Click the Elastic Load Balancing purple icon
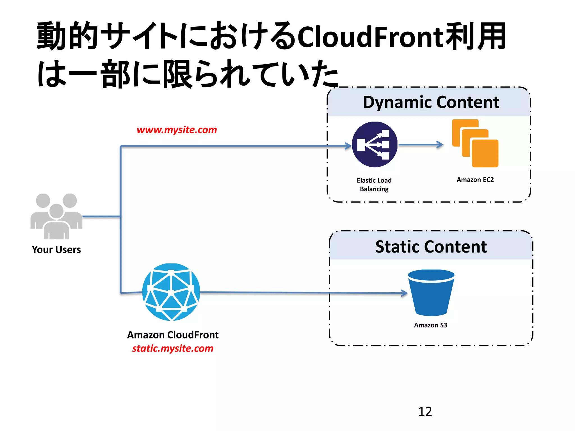[x=374, y=144]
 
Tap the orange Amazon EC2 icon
[x=475, y=143]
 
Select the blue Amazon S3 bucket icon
[x=431, y=293]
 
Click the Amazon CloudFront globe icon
[x=171, y=292]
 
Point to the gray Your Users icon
[x=56, y=216]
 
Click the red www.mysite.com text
[x=177, y=130]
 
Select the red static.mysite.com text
[x=173, y=348]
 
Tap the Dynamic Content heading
[x=431, y=102]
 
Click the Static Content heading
[x=431, y=247]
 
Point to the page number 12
[x=425, y=411]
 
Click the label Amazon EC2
[x=475, y=180]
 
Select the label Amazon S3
[x=430, y=325]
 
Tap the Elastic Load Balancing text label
[x=374, y=185]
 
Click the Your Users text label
[x=56, y=249]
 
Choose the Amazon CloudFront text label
[x=173, y=335]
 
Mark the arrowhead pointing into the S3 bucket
[x=404, y=293]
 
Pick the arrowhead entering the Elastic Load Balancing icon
[x=348, y=146]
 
